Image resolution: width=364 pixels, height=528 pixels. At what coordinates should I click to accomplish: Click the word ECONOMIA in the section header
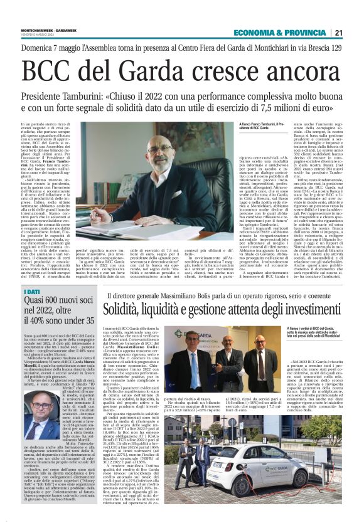254,33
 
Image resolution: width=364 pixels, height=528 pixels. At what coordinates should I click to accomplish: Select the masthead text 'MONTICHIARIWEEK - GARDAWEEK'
45,29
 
